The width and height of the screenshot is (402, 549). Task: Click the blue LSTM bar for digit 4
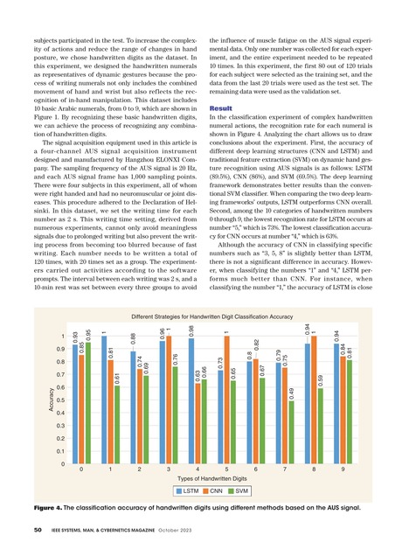(191, 401)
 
